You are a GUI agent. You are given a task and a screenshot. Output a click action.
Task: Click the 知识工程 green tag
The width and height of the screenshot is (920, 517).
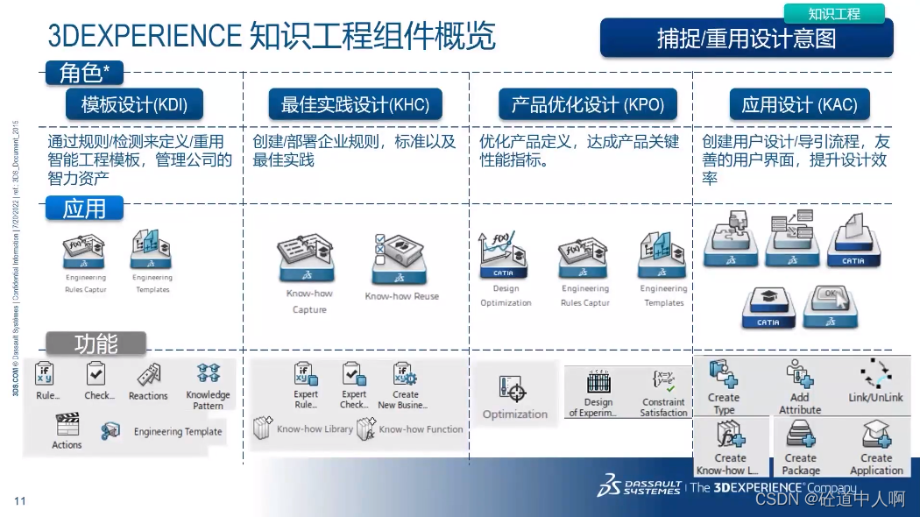833,13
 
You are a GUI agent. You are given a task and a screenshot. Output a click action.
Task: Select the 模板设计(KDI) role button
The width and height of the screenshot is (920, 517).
134,105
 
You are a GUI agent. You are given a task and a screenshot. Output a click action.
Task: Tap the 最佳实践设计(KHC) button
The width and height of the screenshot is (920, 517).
355,105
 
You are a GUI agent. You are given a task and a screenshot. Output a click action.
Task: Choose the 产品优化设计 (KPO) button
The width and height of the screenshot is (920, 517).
588,105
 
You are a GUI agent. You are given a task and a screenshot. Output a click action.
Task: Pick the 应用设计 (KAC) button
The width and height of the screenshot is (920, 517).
799,105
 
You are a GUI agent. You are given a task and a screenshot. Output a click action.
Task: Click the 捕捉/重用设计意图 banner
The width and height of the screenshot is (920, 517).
746,39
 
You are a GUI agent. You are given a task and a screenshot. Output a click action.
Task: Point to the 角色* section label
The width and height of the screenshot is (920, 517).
84,73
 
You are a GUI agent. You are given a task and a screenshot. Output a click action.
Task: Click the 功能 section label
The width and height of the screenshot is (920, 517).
96,343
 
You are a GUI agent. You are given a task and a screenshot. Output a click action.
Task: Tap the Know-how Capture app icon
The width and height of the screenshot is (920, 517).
308,259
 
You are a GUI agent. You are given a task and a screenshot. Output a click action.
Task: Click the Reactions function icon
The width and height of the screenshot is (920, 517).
148,375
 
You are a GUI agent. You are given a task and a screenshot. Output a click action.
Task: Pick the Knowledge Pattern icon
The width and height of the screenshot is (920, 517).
209,374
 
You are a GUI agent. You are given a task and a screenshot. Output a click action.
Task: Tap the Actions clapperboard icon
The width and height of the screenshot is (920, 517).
67,425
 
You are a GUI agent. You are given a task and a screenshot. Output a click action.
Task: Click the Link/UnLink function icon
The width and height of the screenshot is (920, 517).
875,374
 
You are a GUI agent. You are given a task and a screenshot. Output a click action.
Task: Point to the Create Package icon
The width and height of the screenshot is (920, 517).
801,435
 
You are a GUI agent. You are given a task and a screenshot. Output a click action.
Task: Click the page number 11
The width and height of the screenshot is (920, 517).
20,501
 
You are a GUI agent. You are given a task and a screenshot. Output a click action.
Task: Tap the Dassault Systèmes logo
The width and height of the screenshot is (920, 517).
639,485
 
